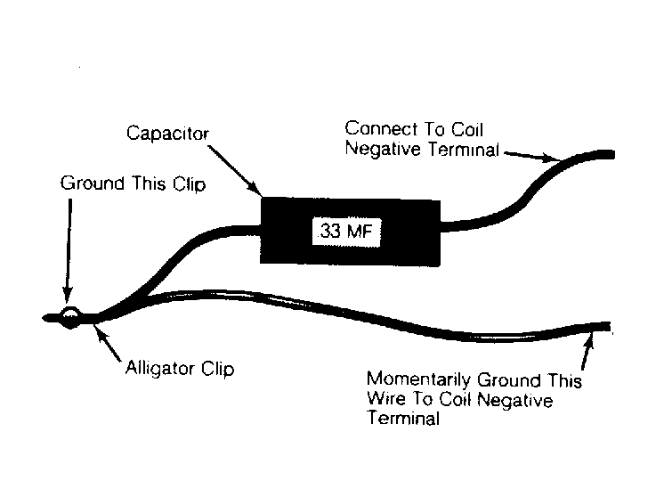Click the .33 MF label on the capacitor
pyautogui.click(x=346, y=232)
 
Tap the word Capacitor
pyautogui.click(x=167, y=134)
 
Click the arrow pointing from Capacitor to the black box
pyautogui.click(x=234, y=171)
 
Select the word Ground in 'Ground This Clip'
pyautogui.click(x=93, y=183)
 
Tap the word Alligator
pyautogui.click(x=160, y=368)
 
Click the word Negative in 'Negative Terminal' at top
pyautogui.click(x=384, y=149)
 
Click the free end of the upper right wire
pyautogui.click(x=613, y=154)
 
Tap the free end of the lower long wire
pyautogui.click(x=610, y=326)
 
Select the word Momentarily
pyautogui.click(x=418, y=379)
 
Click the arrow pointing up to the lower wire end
pyautogui.click(x=587, y=351)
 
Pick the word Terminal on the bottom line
pyautogui.click(x=403, y=419)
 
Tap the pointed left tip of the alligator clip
pyautogui.click(x=44, y=318)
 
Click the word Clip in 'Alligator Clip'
pyautogui.click(x=218, y=369)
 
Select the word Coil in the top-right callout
pyautogui.click(x=466, y=129)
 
